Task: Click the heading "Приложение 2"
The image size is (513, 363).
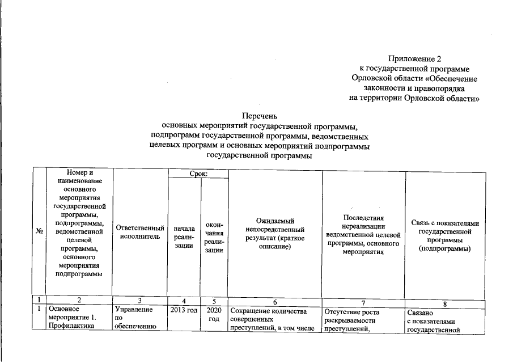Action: [x=414, y=58]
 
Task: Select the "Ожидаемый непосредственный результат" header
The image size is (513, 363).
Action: [x=275, y=235]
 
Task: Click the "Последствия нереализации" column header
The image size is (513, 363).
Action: [x=363, y=235]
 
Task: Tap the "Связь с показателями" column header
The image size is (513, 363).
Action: [x=445, y=235]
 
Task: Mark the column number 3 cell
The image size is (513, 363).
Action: [x=139, y=301]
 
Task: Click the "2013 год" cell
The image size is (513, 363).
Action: [x=184, y=311]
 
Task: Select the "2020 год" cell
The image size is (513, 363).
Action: [x=214, y=315]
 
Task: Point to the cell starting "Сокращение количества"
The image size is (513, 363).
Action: [x=275, y=320]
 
